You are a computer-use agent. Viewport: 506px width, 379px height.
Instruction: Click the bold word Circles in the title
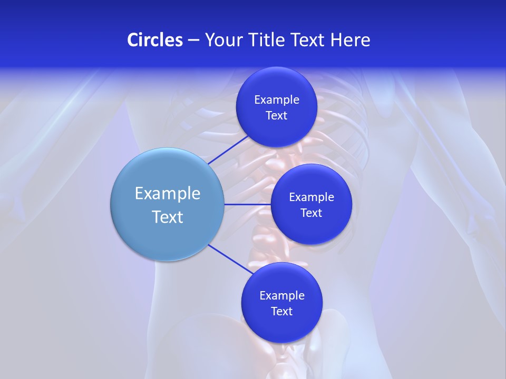click(155, 40)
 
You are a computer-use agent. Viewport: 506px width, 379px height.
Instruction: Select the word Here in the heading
click(350, 40)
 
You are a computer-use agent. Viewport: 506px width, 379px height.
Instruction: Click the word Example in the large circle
click(168, 193)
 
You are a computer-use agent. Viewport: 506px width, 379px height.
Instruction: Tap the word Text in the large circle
click(168, 217)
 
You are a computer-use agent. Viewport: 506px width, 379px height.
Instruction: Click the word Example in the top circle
click(277, 99)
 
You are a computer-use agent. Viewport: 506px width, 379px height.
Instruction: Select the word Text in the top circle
click(277, 115)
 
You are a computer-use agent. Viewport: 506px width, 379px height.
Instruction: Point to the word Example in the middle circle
click(312, 197)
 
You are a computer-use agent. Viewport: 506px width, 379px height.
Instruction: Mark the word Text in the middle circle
click(312, 213)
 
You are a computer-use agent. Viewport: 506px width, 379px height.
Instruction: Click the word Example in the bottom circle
click(282, 295)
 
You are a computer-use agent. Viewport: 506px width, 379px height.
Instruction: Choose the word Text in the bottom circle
click(282, 311)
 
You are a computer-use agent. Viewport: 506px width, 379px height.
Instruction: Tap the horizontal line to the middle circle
click(247, 204)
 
